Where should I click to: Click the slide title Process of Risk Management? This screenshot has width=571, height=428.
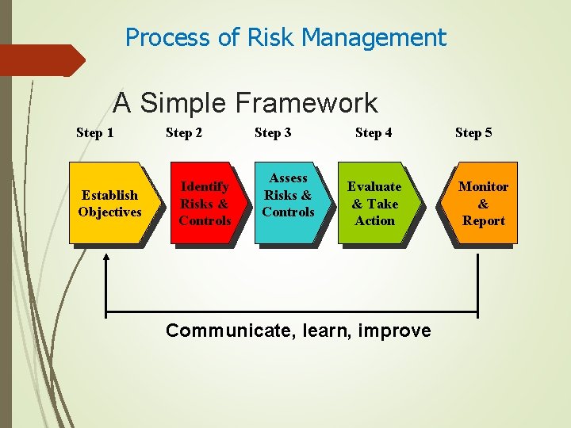point(285,37)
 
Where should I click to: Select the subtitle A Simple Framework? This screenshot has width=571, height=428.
point(245,103)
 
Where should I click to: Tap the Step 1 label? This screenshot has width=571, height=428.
point(94,132)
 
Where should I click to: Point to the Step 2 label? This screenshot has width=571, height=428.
point(183,132)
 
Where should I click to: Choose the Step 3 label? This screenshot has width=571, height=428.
point(272,132)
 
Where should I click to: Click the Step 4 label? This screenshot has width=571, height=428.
point(373,132)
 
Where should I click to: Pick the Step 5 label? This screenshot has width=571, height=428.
point(473,132)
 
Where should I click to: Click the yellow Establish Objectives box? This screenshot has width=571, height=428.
point(109,203)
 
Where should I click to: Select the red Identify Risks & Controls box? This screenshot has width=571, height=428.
point(205,203)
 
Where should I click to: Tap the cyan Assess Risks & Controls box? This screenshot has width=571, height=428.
point(288,203)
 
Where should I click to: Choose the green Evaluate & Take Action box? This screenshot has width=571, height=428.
point(374,203)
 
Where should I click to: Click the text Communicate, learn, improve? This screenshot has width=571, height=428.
point(298,331)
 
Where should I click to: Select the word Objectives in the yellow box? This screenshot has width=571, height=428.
point(109,212)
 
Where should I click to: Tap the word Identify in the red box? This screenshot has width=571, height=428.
point(205,186)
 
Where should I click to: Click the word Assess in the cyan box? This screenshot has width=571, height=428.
point(288,178)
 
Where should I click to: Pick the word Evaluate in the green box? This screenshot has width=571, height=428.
point(374,186)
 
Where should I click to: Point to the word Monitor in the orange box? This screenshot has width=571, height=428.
point(483,186)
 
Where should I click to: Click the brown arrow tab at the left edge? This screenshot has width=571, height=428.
point(40,60)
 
